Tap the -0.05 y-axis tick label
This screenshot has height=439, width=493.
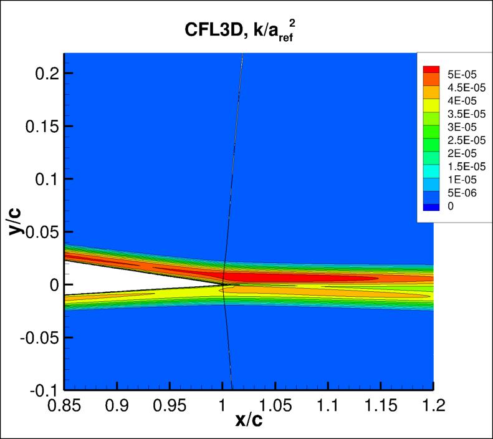pos(36,337)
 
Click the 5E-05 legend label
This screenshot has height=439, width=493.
pos(462,74)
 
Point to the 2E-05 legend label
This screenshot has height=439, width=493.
pos(462,153)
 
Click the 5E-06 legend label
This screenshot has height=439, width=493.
pos(462,193)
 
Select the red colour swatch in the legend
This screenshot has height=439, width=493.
pos(431,70)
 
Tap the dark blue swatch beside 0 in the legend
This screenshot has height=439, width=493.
pos(431,206)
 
